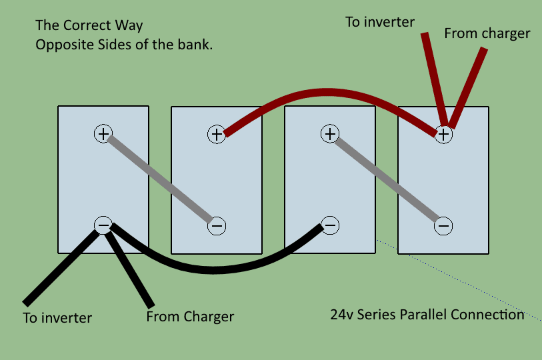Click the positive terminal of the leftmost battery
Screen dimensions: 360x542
(103, 133)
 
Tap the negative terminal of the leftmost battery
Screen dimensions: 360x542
(103, 225)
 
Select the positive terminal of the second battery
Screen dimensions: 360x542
(216, 133)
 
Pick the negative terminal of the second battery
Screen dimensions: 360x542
(217, 226)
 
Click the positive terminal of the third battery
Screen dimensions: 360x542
(329, 133)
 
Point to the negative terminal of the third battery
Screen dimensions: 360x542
(329, 225)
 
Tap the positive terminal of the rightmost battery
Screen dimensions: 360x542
(443, 133)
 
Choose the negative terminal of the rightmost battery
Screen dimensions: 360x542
(443, 226)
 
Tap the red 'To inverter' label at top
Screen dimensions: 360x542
(380, 22)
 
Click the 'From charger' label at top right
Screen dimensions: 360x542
(487, 33)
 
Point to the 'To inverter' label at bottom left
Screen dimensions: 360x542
(57, 317)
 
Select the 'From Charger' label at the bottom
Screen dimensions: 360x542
(190, 316)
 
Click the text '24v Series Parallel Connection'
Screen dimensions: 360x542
(427, 314)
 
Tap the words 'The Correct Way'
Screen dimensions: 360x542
(89, 27)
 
